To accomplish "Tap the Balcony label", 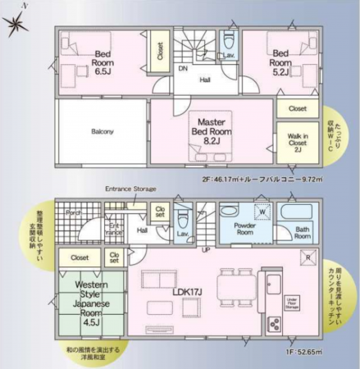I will coord(103,131).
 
